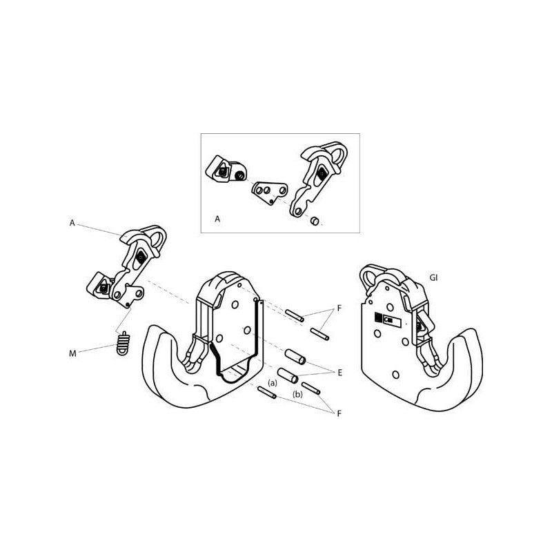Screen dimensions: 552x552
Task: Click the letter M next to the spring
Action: click(x=72, y=353)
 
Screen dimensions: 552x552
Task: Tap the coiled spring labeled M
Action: click(x=123, y=344)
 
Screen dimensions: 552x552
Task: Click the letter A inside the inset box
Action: click(x=217, y=219)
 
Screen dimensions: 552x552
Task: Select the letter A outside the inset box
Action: click(x=72, y=223)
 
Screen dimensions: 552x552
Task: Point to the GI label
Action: click(x=434, y=278)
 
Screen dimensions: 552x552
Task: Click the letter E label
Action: click(x=339, y=373)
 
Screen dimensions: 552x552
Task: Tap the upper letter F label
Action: click(x=339, y=308)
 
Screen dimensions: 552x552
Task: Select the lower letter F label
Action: click(x=339, y=413)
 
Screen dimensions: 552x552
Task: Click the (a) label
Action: click(x=273, y=383)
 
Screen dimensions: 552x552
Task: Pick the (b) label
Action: click(x=298, y=394)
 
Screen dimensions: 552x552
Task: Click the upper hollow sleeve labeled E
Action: click(x=295, y=357)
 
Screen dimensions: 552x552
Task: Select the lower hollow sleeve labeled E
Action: click(x=288, y=375)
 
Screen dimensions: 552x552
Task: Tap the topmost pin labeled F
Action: click(x=295, y=315)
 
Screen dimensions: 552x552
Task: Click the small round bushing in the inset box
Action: click(x=315, y=221)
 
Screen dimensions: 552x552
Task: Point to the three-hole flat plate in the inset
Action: click(x=270, y=193)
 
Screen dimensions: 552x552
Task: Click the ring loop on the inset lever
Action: click(x=337, y=153)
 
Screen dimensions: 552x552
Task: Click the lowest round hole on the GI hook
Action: click(x=395, y=375)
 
